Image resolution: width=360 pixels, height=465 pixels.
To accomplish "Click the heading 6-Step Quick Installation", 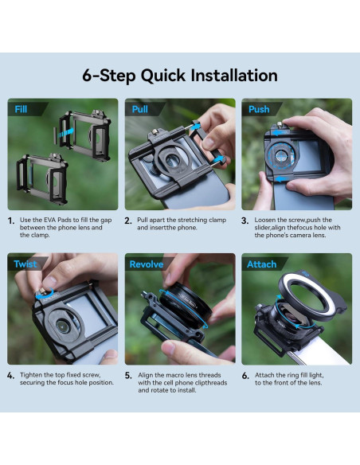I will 180,76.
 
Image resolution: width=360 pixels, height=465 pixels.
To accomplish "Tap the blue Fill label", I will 20,109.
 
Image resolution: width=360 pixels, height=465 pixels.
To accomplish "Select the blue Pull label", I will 141,109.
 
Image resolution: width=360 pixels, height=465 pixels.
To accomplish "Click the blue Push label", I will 259,109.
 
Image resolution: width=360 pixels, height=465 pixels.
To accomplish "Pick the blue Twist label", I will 25,264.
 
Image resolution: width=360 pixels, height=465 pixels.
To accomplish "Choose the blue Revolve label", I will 146,264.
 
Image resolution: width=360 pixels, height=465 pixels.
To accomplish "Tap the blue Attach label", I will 262,264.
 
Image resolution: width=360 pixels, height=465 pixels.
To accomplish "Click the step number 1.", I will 10,221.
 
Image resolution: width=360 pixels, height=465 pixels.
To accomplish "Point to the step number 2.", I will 128,221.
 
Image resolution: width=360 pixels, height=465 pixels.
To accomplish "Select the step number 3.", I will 245,221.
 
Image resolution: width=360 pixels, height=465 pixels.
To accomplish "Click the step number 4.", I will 10,375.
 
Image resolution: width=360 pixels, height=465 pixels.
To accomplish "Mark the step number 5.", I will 128,375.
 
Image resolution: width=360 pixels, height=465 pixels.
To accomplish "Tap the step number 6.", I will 245,375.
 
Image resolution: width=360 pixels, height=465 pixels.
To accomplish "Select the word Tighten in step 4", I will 31,374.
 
